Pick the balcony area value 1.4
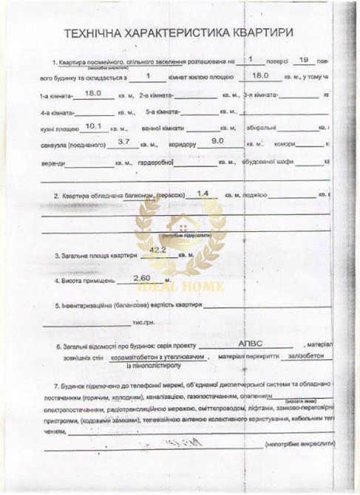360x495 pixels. tap(204, 192)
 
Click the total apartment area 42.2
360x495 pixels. tap(157, 250)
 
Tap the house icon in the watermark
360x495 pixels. tap(180, 222)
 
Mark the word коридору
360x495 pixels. tap(186, 145)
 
